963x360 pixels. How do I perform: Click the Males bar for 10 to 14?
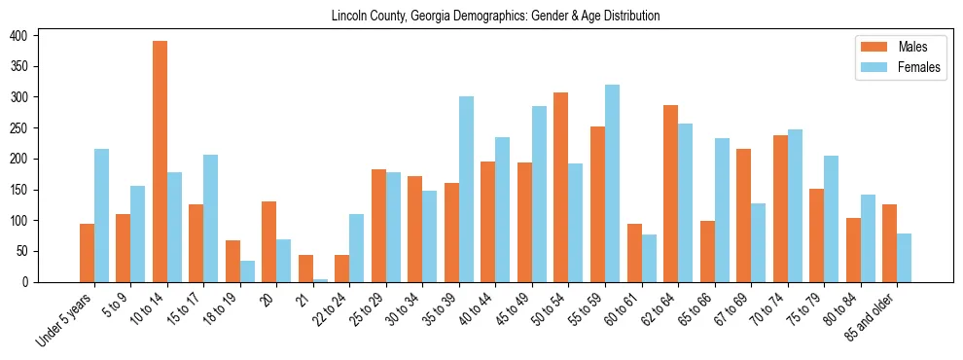[x=160, y=162]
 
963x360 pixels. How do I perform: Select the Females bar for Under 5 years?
[x=101, y=215]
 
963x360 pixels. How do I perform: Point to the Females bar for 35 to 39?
[x=466, y=189]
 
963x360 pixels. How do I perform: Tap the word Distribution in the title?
[x=628, y=17]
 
